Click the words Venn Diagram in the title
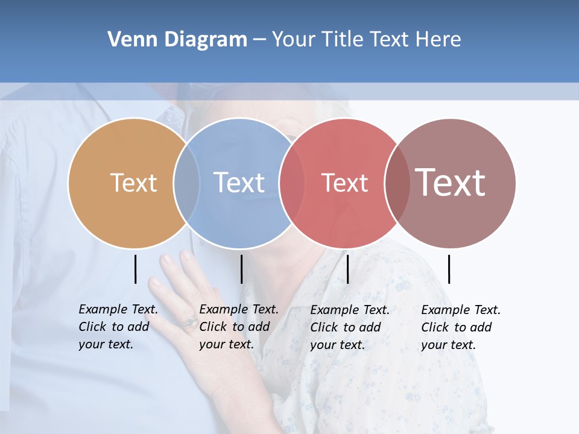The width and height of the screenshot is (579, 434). pos(177,40)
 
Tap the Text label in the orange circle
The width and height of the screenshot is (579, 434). pos(133,183)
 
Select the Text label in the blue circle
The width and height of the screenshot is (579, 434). pos(239,183)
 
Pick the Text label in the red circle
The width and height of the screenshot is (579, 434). pos(344,183)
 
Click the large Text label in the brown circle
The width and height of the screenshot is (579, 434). pos(451,182)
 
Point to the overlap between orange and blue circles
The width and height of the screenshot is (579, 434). pos(186,183)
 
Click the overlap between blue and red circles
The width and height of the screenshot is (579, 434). pos(292,183)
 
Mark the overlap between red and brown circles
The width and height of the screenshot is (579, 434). pos(397,183)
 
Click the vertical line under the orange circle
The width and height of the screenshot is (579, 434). pos(136,269)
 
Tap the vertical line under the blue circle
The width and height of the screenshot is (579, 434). pos(241,269)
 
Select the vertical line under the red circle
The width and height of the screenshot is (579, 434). pos(347,269)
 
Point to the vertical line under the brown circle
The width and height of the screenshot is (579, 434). pos(449,269)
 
